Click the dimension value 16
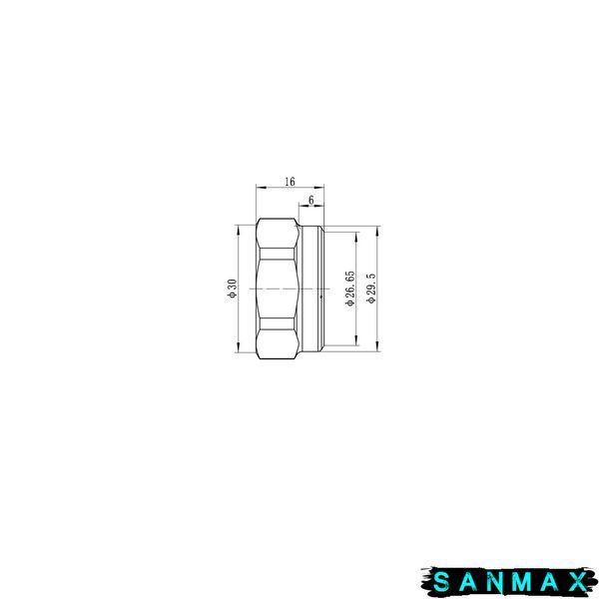[x=290, y=182]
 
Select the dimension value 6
[x=310, y=200]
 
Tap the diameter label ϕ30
[x=233, y=289]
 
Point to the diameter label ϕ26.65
[x=350, y=289]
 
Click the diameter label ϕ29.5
[x=371, y=289]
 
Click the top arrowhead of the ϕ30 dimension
[x=238, y=230]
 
